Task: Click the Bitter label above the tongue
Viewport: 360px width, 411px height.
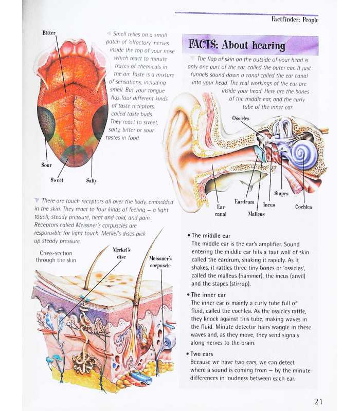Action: click(49, 33)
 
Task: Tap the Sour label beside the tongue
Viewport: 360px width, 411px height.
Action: click(46, 165)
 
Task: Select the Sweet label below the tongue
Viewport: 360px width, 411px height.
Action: click(57, 180)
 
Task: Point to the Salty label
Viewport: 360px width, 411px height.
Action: click(92, 181)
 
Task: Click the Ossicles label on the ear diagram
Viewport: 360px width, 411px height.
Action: click(241, 118)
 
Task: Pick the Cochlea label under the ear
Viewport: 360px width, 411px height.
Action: click(303, 207)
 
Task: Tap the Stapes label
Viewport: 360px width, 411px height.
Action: click(281, 194)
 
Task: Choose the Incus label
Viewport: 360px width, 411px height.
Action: click(269, 204)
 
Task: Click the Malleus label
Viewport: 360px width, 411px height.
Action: click(256, 214)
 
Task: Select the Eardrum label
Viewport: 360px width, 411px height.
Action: click(244, 202)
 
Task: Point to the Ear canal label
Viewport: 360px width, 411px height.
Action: click(221, 211)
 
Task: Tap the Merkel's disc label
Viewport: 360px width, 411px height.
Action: click(121, 253)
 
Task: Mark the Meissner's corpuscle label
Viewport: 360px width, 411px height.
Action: click(160, 262)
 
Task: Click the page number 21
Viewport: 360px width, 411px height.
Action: click(318, 402)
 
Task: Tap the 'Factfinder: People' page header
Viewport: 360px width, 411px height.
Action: click(295, 20)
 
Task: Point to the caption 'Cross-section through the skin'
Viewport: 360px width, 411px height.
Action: click(56, 256)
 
